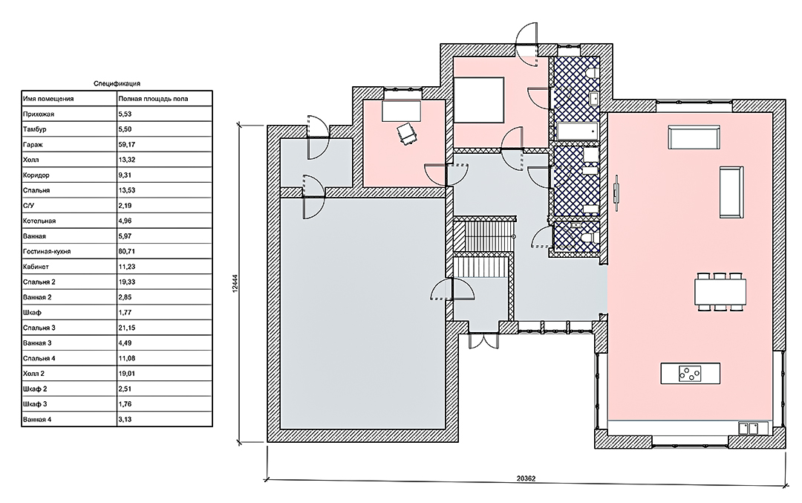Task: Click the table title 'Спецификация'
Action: point(117,83)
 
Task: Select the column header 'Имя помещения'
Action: point(48,99)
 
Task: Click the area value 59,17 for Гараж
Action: point(126,144)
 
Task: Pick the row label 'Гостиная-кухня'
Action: point(47,251)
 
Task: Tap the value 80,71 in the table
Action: point(126,251)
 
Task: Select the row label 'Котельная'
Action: point(39,221)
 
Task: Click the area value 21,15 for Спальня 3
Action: point(126,328)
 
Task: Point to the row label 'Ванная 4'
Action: point(37,420)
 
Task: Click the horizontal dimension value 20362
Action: point(526,479)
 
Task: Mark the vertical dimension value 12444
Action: point(235,282)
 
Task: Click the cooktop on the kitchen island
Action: point(689,374)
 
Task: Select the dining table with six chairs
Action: point(720,292)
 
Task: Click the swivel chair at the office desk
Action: point(407,134)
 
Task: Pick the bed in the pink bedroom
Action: point(479,100)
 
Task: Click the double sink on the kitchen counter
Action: point(749,428)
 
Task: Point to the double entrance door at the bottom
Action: point(483,340)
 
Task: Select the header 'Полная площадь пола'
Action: point(153,99)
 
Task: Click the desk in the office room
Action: point(401,111)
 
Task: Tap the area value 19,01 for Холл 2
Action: point(126,374)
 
